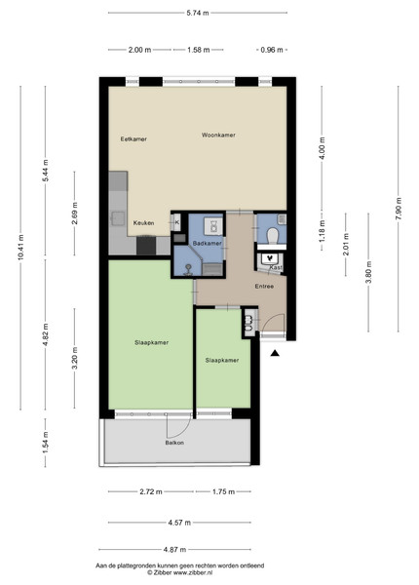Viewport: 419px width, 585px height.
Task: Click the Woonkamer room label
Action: pos(218,136)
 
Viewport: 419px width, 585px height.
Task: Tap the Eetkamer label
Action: pos(133,139)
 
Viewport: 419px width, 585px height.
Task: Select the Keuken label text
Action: pos(143,223)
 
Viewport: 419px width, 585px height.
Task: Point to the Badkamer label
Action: pos(207,243)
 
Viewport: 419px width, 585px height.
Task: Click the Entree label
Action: pos(264,287)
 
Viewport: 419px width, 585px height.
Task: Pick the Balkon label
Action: pos(174,443)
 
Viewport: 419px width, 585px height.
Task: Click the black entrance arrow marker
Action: pos(275,353)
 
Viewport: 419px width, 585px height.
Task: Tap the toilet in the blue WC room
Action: pos(273,236)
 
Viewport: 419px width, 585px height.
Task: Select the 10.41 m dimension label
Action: pos(20,247)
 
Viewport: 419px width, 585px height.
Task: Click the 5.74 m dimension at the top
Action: pos(198,13)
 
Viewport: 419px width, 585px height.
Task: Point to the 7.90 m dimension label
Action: pos(399,209)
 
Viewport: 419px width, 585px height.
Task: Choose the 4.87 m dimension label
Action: pos(174,550)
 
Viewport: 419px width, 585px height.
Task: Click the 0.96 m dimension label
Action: pos(272,50)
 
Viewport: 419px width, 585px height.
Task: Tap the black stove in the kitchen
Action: pos(146,246)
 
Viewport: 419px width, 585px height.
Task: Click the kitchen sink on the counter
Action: pos(119,218)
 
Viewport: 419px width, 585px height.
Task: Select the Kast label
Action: pos(276,268)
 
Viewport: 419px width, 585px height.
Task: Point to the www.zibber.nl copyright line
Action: pos(179,572)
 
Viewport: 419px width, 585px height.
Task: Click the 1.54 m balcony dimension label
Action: pos(46,443)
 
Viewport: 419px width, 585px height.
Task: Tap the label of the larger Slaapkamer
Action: pos(151,342)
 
